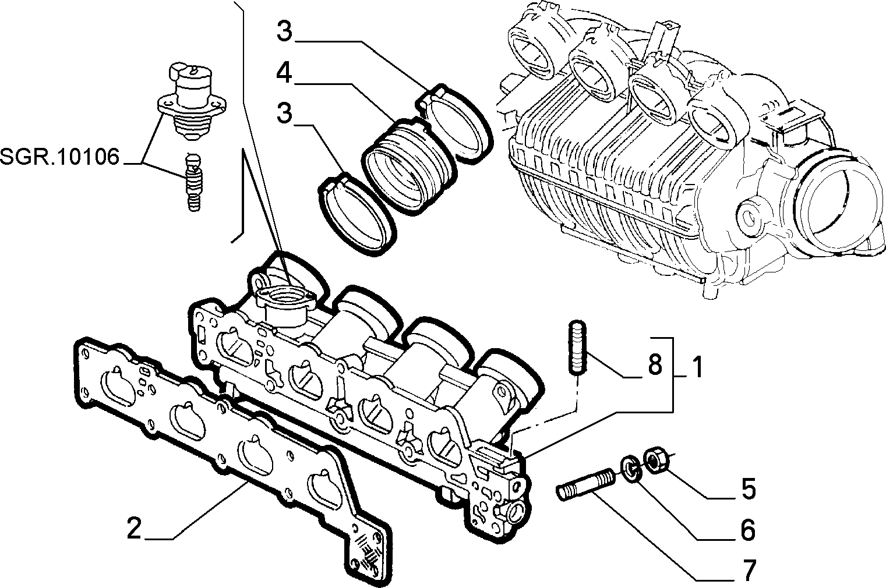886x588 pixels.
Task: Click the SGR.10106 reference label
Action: point(59,157)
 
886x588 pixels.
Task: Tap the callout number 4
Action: point(284,73)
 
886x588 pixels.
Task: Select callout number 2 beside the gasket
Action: point(135,528)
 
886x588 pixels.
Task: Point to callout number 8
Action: point(655,364)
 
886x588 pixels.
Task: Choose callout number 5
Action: point(749,488)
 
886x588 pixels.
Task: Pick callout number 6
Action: point(747,530)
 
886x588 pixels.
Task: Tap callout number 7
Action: point(749,571)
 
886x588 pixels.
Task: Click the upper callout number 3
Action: point(284,31)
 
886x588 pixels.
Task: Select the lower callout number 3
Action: point(284,112)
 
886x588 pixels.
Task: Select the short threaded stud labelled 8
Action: point(578,346)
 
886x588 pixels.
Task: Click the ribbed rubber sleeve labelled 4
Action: point(410,165)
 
